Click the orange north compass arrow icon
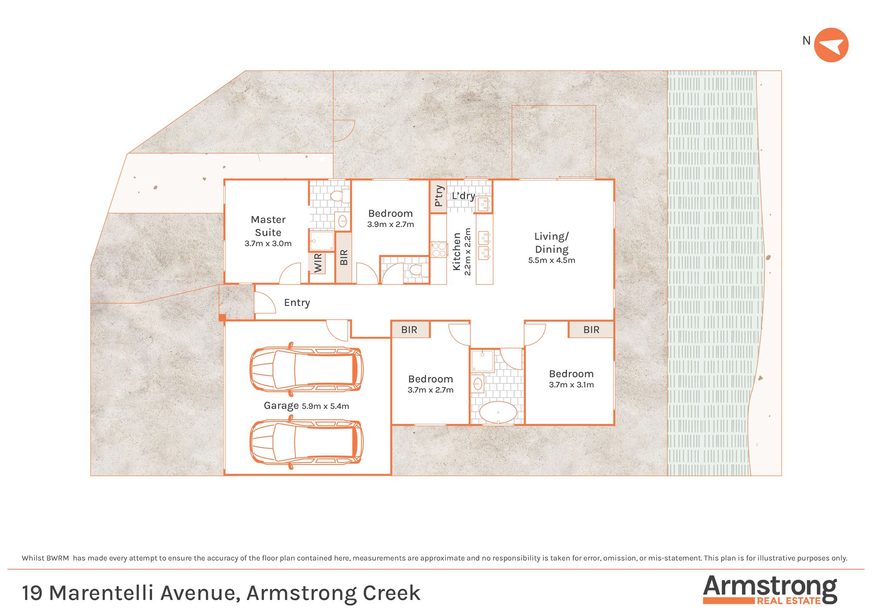pyautogui.click(x=831, y=45)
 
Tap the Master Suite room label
pyautogui.click(x=268, y=226)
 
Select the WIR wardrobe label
pyautogui.click(x=318, y=263)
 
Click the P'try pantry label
pyautogui.click(x=439, y=196)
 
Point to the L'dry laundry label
pyautogui.click(x=463, y=196)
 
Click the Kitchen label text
pyautogui.click(x=456, y=251)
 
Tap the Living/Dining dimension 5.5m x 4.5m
pyautogui.click(x=552, y=260)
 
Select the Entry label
pyautogui.click(x=297, y=303)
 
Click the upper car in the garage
pyautogui.click(x=307, y=369)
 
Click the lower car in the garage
pyautogui.click(x=307, y=442)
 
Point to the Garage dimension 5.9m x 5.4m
pyautogui.click(x=325, y=406)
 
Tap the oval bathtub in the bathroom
pyautogui.click(x=498, y=412)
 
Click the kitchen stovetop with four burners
pyautogui.click(x=439, y=250)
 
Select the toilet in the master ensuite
pyautogui.click(x=340, y=196)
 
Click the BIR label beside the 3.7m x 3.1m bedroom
pyautogui.click(x=591, y=330)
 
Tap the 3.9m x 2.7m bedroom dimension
pyautogui.click(x=391, y=224)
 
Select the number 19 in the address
pyautogui.click(x=32, y=593)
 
